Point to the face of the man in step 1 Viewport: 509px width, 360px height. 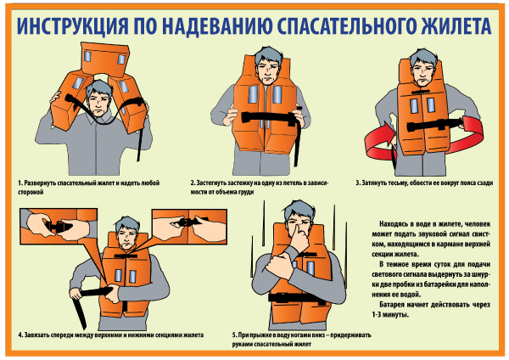[x=98, y=102]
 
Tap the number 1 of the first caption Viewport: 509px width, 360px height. [x=20, y=183]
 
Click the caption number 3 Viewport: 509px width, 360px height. [x=358, y=183]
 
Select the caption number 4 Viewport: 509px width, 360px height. [x=20, y=335]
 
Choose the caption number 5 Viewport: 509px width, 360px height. [x=234, y=335]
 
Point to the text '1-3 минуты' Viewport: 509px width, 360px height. [x=390, y=315]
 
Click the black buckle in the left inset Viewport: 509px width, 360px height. [x=59, y=226]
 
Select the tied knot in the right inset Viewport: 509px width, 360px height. [x=187, y=222]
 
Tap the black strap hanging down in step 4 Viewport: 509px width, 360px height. [x=80, y=312]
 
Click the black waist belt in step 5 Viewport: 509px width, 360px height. [x=294, y=298]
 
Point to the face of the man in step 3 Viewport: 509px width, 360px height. [x=422, y=74]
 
